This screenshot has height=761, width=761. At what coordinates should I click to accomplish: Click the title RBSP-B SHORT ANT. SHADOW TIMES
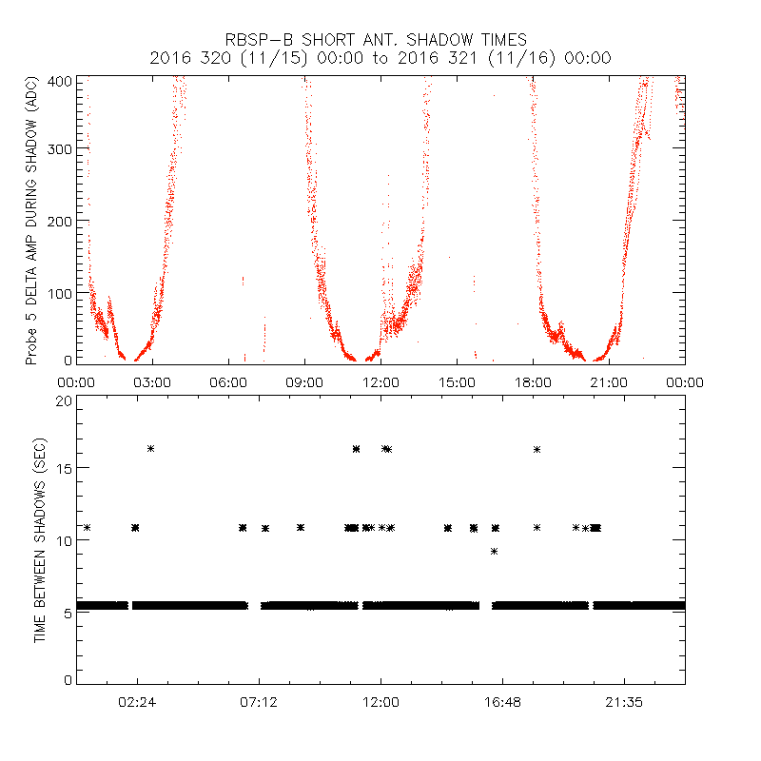point(376,40)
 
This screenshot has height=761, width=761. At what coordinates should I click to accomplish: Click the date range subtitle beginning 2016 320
point(380,58)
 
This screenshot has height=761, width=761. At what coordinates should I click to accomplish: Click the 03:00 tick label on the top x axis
point(152,381)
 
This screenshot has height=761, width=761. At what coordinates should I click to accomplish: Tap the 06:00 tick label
point(228,381)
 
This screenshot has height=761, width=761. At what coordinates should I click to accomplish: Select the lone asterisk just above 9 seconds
point(494,551)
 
